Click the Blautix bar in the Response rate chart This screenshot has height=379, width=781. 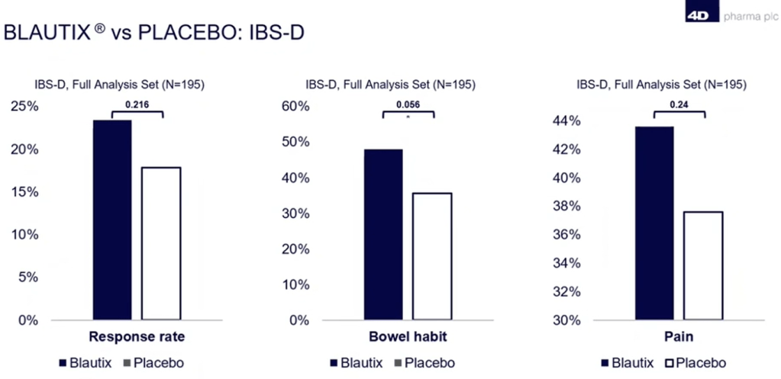[x=112, y=220]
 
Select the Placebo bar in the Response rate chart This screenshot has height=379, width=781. [x=161, y=242]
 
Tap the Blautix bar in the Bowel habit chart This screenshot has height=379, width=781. [x=383, y=234]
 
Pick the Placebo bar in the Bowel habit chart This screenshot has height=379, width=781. [x=432, y=256]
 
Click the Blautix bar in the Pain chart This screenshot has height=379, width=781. [x=654, y=223]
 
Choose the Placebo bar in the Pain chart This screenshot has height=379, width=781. [x=703, y=265]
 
